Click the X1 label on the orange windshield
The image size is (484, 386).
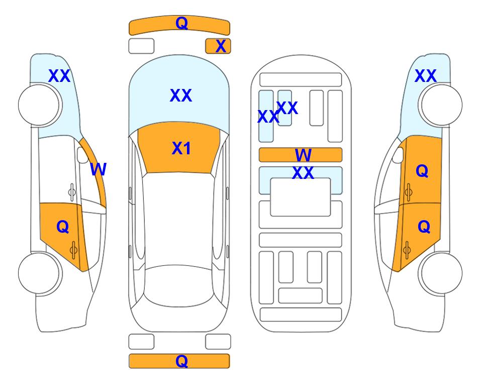point(181,148)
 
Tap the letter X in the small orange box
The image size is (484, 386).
point(221,46)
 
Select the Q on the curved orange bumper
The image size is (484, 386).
point(181,23)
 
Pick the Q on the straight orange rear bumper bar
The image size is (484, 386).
point(181,361)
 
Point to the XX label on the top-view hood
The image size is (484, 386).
point(181,95)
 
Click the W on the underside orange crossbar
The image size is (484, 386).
point(303,155)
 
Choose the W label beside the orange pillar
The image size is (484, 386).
point(98,169)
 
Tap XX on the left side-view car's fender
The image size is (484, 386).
point(59,76)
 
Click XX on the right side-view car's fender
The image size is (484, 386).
point(425,76)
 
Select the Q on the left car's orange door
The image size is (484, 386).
point(63,227)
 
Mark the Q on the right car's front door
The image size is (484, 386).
point(422,171)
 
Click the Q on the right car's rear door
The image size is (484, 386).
point(424,227)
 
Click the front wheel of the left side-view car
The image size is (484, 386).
point(40,105)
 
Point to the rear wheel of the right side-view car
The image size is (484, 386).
point(440,273)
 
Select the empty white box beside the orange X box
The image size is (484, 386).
point(141,46)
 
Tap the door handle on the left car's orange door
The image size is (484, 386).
point(73,250)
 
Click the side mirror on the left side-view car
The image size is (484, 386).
point(83,155)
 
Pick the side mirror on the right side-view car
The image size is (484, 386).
point(398,155)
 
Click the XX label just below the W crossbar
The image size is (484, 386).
point(303,172)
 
